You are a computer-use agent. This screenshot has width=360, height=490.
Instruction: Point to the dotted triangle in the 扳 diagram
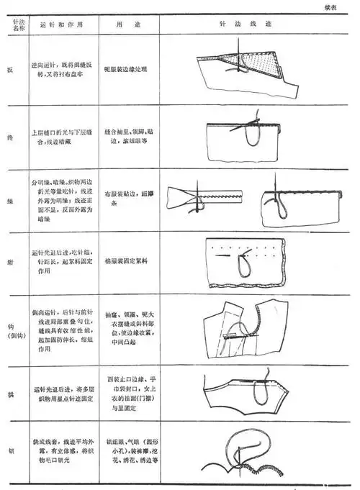tap(258, 68)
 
